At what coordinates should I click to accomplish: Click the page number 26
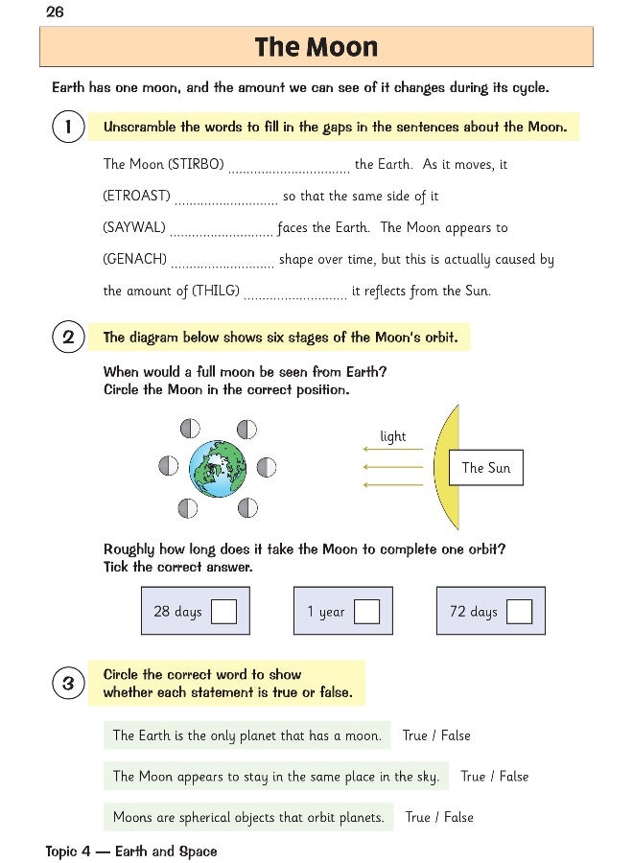pyautogui.click(x=55, y=12)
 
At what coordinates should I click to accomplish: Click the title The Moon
pyautogui.click(x=316, y=47)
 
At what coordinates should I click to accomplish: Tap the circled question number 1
pyautogui.click(x=68, y=127)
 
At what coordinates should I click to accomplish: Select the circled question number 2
pyautogui.click(x=68, y=338)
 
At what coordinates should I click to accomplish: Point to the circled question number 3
pyautogui.click(x=68, y=684)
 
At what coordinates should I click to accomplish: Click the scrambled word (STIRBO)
pyautogui.click(x=196, y=165)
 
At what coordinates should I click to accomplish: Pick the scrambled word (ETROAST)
pyautogui.click(x=136, y=197)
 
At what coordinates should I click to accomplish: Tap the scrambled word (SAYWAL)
pyautogui.click(x=134, y=228)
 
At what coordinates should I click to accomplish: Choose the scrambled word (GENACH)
pyautogui.click(x=135, y=260)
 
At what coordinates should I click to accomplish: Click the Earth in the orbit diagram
pyautogui.click(x=218, y=467)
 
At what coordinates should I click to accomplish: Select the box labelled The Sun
pyautogui.click(x=485, y=468)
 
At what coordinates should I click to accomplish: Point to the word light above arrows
pyautogui.click(x=393, y=436)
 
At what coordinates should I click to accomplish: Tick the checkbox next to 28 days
pyautogui.click(x=223, y=612)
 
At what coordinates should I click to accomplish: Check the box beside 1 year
pyautogui.click(x=366, y=612)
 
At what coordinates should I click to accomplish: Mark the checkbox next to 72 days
pyautogui.click(x=519, y=612)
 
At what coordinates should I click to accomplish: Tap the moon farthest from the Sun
pyautogui.click(x=168, y=467)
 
